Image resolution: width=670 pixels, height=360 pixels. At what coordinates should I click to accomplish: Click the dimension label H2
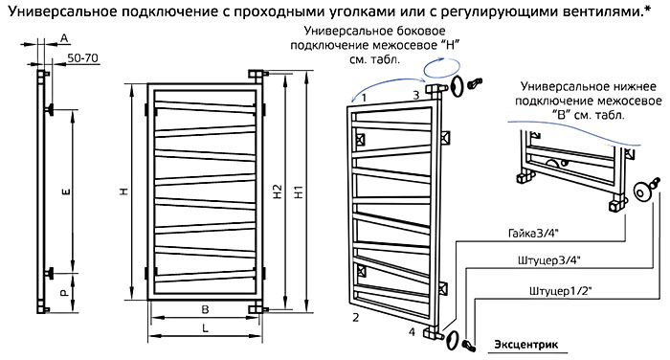pos(278,191)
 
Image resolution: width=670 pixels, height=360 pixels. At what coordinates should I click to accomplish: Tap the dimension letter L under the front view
pos(205,328)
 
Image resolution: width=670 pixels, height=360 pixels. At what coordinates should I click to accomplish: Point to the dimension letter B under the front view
pos(205,309)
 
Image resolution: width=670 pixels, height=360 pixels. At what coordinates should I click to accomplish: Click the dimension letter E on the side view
pos(66,191)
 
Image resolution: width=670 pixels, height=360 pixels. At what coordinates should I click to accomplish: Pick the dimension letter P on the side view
pos(64,293)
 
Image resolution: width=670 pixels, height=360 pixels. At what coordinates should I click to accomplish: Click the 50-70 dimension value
pos(83,57)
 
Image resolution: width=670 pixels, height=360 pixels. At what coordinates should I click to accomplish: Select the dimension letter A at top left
pos(64,38)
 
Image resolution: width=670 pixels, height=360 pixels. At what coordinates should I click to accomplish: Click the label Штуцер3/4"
pos(549,260)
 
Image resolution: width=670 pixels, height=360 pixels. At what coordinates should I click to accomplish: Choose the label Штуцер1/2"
pos(560,291)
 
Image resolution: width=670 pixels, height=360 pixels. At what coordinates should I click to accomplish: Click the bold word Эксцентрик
pos(526,345)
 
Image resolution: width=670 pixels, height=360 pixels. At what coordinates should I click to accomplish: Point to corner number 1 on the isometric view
pos(364,98)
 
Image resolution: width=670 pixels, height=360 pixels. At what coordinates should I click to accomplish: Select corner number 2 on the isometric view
pos(356,318)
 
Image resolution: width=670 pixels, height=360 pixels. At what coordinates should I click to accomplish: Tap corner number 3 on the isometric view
pos(416,95)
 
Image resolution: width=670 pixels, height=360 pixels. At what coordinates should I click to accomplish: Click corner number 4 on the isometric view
pos(412,331)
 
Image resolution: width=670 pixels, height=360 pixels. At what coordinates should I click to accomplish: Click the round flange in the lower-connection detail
pos(641,191)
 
